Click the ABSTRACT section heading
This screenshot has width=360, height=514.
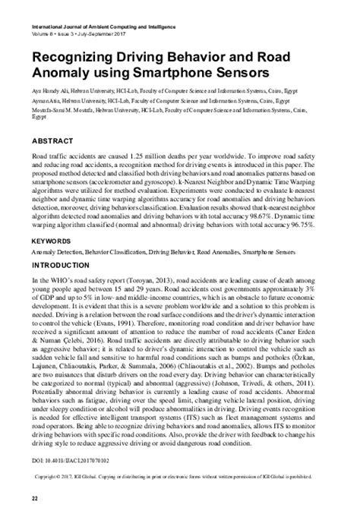pos(52,141)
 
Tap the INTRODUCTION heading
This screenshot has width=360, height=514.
pos(63,246)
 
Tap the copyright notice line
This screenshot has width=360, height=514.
pos(180,477)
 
